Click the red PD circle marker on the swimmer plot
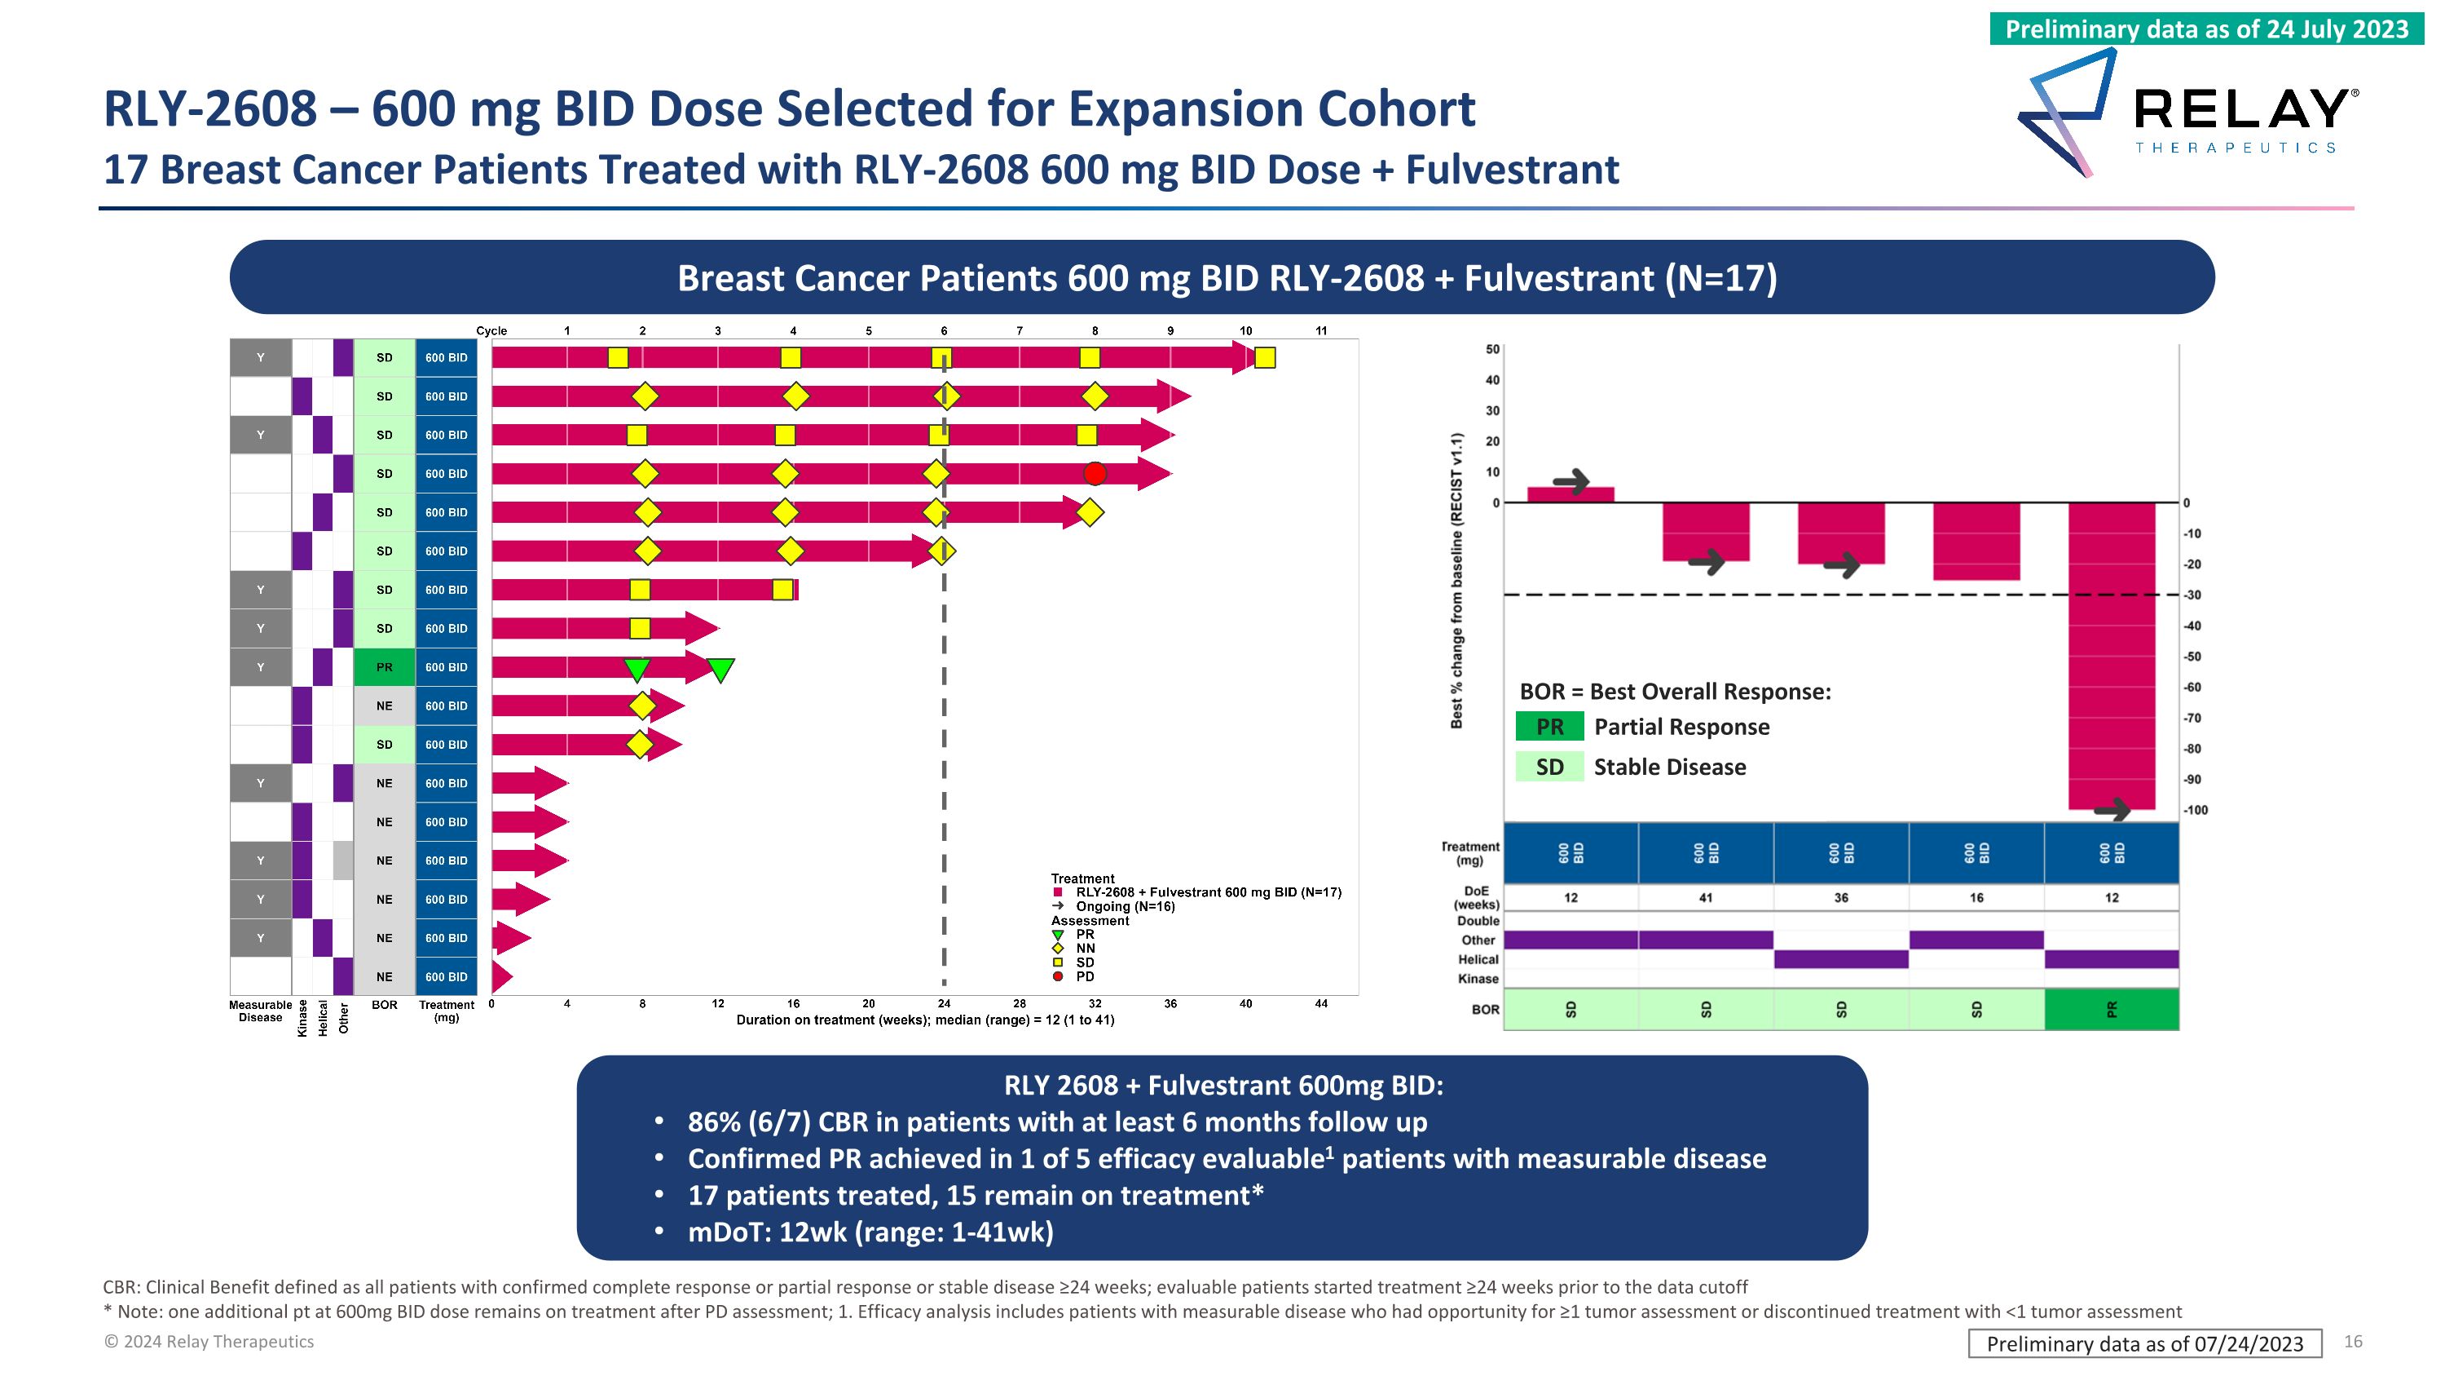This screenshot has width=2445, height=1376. [x=1095, y=473]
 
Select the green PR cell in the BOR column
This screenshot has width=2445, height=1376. [x=383, y=666]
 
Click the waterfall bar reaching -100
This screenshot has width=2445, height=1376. [x=2111, y=655]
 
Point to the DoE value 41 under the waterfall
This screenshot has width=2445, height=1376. [x=1706, y=897]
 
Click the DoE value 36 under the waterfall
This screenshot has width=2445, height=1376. [x=1840, y=897]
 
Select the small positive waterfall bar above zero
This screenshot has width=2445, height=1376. [x=1570, y=493]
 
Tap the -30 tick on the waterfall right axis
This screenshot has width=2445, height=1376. [x=2192, y=595]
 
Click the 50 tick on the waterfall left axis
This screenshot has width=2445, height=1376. [x=1492, y=349]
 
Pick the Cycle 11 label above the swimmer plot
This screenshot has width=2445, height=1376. [x=1320, y=330]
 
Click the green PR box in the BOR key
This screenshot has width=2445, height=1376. [x=1549, y=727]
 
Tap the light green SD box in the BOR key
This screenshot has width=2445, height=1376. [x=1549, y=767]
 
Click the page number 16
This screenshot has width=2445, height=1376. [x=2352, y=1341]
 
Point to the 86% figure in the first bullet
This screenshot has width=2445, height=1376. [x=714, y=1122]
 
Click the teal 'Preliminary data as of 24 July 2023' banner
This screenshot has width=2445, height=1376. [x=2206, y=29]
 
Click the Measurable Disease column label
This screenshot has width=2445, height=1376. [x=260, y=1011]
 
